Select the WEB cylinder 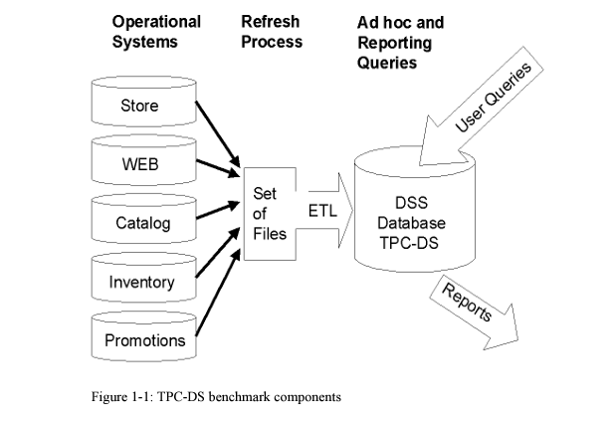[139, 164]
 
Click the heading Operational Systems [155, 32]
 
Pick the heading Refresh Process [271, 32]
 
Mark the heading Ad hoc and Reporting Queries [400, 42]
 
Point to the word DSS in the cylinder [411, 203]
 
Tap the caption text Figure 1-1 [123, 396]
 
